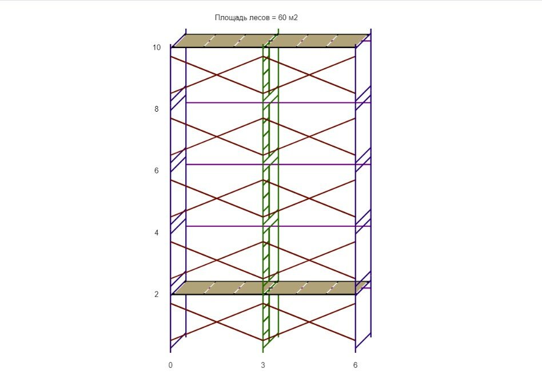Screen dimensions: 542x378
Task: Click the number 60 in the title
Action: [283, 18]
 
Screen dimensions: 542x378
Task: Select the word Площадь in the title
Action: [229, 18]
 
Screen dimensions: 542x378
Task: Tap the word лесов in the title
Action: [256, 18]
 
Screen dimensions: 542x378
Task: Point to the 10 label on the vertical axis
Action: [157, 48]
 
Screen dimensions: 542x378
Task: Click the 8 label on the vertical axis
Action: [157, 109]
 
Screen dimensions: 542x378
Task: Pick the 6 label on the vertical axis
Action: [157, 171]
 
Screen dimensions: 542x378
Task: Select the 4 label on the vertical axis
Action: [157, 233]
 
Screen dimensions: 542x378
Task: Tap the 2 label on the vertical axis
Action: [157, 294]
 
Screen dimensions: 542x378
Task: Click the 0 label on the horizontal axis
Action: [170, 364]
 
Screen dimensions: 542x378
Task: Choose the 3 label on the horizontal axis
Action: [263, 364]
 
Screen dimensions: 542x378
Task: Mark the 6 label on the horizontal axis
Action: [355, 364]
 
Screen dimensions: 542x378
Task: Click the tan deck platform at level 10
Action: [229, 41]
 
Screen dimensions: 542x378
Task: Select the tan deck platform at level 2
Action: [229, 288]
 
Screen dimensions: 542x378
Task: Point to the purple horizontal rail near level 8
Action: [229, 103]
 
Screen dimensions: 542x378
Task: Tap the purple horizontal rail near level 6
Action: [229, 164]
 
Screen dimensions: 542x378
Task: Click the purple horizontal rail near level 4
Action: [229, 226]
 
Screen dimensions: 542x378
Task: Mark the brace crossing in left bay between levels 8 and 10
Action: [217, 75]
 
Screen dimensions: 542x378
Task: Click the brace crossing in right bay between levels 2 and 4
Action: [309, 261]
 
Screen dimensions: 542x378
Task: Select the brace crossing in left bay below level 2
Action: [217, 322]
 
